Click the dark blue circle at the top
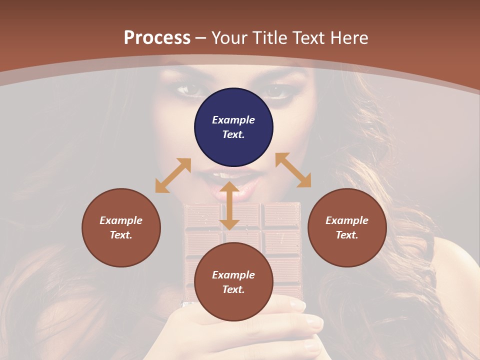pyautogui.click(x=233, y=127)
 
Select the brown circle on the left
pyautogui.click(x=121, y=227)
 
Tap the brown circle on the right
pyautogui.click(x=347, y=227)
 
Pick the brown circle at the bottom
pyautogui.click(x=233, y=282)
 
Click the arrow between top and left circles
pyautogui.click(x=173, y=175)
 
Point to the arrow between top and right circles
pyautogui.click(x=293, y=170)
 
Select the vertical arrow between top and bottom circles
pyautogui.click(x=229, y=205)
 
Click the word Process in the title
pyautogui.click(x=157, y=37)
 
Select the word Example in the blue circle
pyautogui.click(x=233, y=120)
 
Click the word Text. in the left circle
pyautogui.click(x=121, y=235)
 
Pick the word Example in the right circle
pyautogui.click(x=347, y=220)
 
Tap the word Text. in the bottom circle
pyautogui.click(x=233, y=289)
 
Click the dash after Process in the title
pyautogui.click(x=201, y=38)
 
